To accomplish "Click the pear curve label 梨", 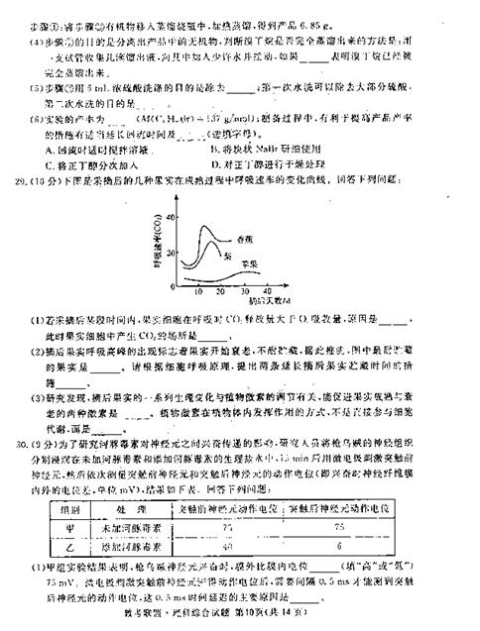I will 228,254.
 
